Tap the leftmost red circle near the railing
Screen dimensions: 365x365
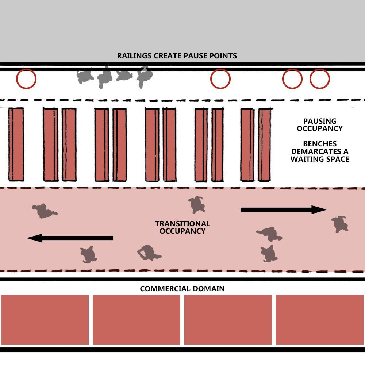pyautogui.click(x=26, y=79)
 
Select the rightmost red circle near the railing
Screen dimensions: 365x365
pyautogui.click(x=320, y=79)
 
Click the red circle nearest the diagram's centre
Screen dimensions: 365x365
pyautogui.click(x=220, y=79)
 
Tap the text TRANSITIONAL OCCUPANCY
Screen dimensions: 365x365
pyautogui.click(x=182, y=227)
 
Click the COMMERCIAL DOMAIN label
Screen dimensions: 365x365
pyautogui.click(x=182, y=289)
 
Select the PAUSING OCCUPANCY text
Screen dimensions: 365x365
pyautogui.click(x=319, y=124)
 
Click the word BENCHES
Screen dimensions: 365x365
pyautogui.click(x=320, y=144)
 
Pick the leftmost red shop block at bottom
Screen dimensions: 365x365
pyautogui.click(x=45, y=320)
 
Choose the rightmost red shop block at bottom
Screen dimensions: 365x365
pyautogui.click(x=320, y=320)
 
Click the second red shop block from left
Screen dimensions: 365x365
pyautogui.click(x=137, y=320)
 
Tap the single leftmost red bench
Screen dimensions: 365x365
pyautogui.click(x=16, y=144)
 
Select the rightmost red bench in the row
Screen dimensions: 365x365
pyautogui.click(x=265, y=145)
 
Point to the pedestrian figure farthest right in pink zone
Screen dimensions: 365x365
pyautogui.click(x=340, y=224)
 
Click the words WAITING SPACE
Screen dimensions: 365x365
pyautogui.click(x=320, y=159)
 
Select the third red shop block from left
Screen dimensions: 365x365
pyautogui.click(x=228, y=320)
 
